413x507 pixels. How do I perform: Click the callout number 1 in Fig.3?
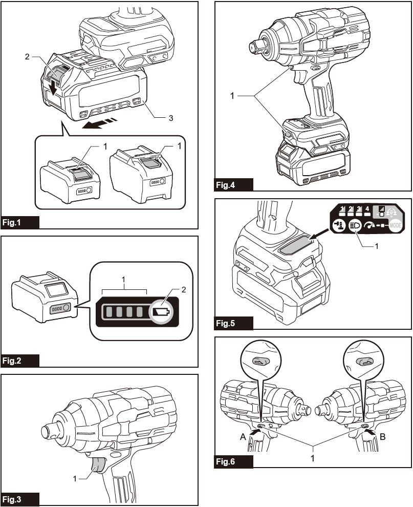[x=75, y=478]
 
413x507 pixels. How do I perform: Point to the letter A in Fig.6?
[x=243, y=437]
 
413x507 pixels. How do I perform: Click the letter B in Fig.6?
[x=383, y=437]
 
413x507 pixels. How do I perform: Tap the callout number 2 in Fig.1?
[x=27, y=57]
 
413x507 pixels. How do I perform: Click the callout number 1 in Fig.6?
[x=313, y=458]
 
